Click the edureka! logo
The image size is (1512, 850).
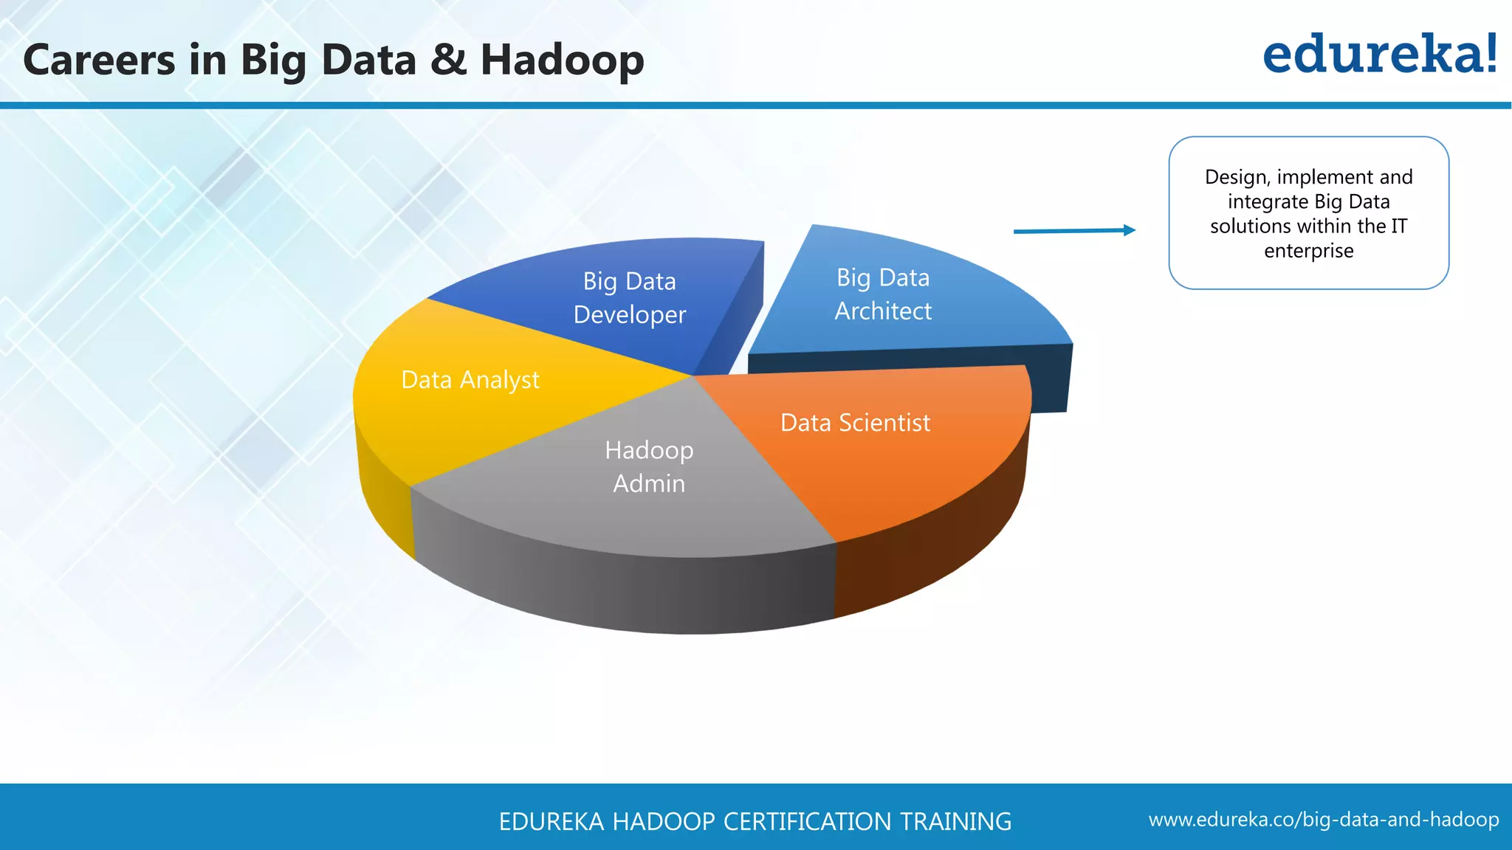click(1379, 55)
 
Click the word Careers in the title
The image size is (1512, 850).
click(100, 60)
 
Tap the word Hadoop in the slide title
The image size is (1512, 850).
click(562, 60)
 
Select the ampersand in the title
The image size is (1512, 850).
click(448, 60)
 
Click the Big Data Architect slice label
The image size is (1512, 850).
click(883, 294)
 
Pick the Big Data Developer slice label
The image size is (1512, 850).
click(629, 298)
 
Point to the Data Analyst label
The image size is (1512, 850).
click(470, 380)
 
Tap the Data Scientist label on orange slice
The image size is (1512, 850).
click(855, 423)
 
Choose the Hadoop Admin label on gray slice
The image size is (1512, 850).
click(649, 466)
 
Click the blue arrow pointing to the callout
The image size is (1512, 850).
click(1074, 231)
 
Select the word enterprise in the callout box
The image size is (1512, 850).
click(1308, 251)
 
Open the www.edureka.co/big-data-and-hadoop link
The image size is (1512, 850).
click(1323, 820)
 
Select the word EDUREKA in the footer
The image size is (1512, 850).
click(551, 821)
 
